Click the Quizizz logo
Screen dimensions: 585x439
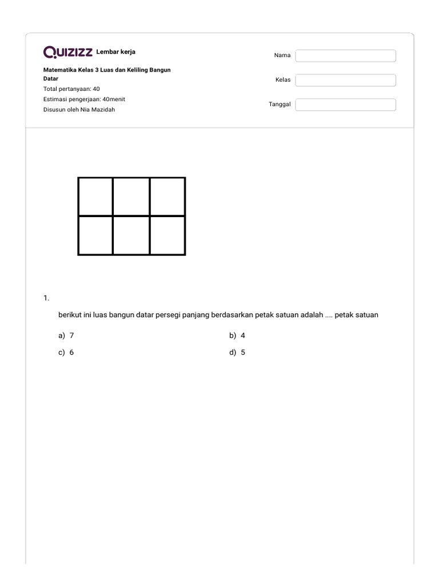(x=68, y=53)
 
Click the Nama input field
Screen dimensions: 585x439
(x=345, y=55)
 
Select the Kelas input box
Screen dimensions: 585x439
(x=345, y=80)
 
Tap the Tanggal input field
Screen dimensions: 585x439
(x=345, y=105)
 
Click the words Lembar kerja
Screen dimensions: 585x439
(x=116, y=52)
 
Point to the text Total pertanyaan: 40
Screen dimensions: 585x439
(x=71, y=89)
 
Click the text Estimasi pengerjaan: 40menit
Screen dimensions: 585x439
(x=84, y=99)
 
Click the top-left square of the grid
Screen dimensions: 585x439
(x=95, y=197)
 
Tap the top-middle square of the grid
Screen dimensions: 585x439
(x=131, y=197)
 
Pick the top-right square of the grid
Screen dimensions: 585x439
(x=167, y=197)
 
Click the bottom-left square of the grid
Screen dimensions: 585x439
(x=95, y=235)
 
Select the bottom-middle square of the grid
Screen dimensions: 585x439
(x=131, y=235)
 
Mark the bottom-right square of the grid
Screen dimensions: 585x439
(x=167, y=235)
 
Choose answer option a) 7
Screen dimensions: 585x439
(x=66, y=336)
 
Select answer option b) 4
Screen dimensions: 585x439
(x=237, y=336)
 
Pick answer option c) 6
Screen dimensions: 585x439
(x=66, y=352)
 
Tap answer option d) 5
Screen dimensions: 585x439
(x=237, y=352)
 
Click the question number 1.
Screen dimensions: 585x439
(x=46, y=298)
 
